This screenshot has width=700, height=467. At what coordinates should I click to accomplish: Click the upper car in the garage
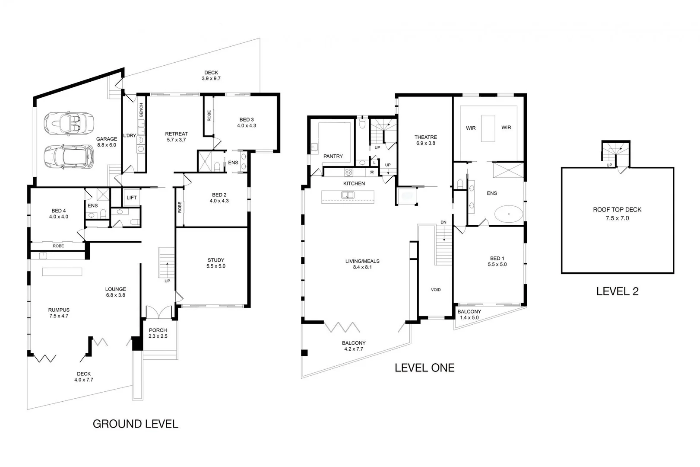(69, 123)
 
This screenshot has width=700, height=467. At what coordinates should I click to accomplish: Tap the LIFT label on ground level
(132, 198)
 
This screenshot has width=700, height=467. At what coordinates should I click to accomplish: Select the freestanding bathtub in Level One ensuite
(509, 214)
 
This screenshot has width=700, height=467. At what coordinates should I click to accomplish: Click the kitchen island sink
(348, 195)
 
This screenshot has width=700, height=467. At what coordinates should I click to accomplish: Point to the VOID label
(436, 290)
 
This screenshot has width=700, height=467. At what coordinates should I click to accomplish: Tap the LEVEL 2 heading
(617, 291)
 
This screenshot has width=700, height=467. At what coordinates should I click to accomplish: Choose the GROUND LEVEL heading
(135, 424)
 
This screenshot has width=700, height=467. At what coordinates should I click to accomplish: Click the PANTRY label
(333, 156)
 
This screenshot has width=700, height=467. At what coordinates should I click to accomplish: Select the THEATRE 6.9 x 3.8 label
(426, 140)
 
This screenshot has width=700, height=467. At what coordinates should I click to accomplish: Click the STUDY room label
(216, 263)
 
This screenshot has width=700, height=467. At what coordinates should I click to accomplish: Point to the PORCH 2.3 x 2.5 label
(158, 333)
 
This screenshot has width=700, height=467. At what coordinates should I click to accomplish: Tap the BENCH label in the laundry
(141, 110)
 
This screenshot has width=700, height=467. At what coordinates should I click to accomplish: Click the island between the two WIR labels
(488, 128)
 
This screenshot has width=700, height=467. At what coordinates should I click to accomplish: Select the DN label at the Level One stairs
(443, 222)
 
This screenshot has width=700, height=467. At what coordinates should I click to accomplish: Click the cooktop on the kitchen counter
(349, 173)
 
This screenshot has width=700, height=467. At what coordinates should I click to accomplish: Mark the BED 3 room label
(247, 122)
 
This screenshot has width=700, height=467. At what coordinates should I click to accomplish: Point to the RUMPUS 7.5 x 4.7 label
(59, 313)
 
